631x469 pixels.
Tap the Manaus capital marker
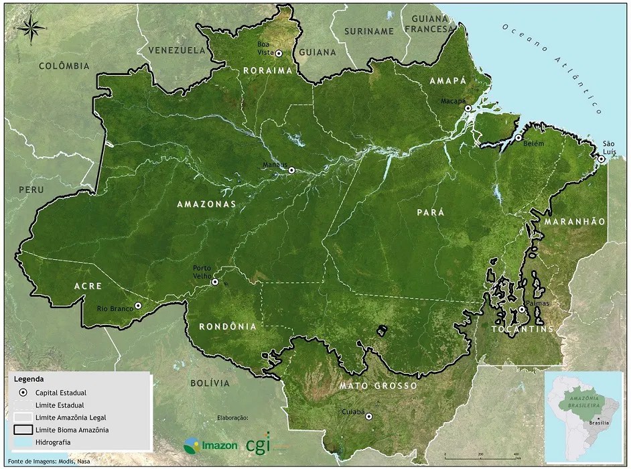291,170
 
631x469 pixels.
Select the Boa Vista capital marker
279,54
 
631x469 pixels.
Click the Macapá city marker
468,108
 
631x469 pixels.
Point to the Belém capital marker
518,137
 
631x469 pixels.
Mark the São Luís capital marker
602,159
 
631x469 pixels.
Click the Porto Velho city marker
215,282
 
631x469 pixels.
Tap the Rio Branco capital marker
138,306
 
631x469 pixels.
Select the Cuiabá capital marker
368,416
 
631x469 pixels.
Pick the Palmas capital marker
521,310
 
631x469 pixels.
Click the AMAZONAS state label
206,204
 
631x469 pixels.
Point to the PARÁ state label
431,212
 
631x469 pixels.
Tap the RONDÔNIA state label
228,326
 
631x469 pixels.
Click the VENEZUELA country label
177,50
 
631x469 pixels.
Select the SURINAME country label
368,31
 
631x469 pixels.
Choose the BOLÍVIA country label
210,383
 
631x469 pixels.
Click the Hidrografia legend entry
54,442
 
